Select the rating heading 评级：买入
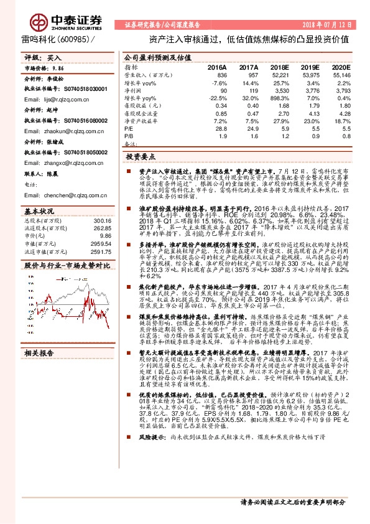tap(38, 57)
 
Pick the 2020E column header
tap(341, 66)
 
